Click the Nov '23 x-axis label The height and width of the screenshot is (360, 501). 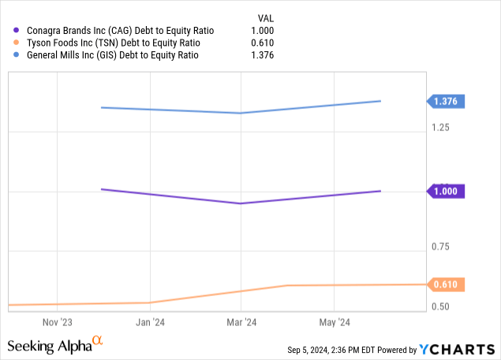pyautogui.click(x=57, y=323)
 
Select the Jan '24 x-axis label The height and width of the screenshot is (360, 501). pyautogui.click(x=149, y=323)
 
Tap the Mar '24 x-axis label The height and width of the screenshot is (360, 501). pyautogui.click(x=241, y=323)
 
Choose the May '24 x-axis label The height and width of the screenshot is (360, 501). pyautogui.click(x=334, y=323)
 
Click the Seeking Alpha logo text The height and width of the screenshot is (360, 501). pyautogui.click(x=49, y=345)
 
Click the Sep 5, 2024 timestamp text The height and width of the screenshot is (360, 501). pyautogui.click(x=331, y=350)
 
